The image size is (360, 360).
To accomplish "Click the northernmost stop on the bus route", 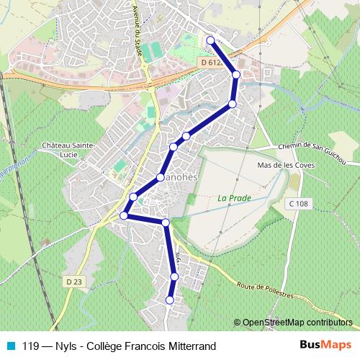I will coord(210,40).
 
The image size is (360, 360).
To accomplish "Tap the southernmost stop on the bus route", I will coord(171,300).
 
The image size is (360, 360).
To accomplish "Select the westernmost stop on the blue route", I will coord(124,215).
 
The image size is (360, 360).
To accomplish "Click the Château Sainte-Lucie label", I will coord(70,148).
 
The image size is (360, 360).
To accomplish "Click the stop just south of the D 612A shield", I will coord(235,74).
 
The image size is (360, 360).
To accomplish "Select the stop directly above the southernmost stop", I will coord(174,276).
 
